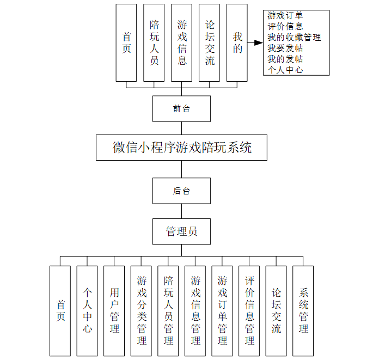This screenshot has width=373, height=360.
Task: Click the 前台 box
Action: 181,109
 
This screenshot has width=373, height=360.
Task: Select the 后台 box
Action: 181,191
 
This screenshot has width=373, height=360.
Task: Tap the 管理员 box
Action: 181,231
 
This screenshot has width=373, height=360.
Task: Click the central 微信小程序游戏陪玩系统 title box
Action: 181,148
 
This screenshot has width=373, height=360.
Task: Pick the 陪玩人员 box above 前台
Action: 154,43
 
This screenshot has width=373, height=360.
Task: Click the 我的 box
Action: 237,43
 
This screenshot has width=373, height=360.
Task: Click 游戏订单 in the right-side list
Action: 285,15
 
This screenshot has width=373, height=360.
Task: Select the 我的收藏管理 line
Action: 294,37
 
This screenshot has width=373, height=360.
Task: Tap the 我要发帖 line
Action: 285,48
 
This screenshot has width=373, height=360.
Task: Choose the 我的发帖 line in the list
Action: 285,59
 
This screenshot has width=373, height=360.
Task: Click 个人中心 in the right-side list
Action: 285,70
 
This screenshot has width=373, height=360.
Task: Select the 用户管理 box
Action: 114,310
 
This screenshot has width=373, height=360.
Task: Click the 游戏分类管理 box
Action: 142,310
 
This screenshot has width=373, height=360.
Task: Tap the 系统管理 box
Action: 303,310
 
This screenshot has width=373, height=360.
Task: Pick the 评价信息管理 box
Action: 249,310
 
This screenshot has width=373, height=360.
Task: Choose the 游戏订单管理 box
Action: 222,310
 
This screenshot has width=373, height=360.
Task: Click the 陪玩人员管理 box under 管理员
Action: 168,310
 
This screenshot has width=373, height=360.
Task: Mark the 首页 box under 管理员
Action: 60,310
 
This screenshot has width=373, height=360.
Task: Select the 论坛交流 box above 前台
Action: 210,43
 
